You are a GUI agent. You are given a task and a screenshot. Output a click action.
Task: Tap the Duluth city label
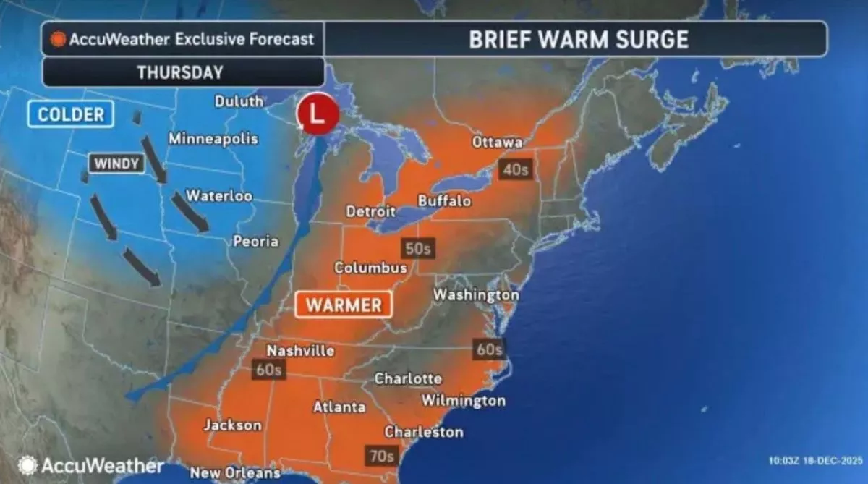point(239,101)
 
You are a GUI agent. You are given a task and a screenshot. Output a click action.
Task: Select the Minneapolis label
point(213,138)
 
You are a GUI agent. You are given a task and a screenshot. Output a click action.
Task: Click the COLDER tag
point(71,114)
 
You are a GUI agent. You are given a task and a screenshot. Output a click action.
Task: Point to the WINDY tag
point(115,164)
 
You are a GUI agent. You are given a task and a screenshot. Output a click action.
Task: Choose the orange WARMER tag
point(344,305)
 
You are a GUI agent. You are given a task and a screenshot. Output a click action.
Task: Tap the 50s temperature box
point(418,248)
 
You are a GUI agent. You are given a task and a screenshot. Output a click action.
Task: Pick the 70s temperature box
point(380,456)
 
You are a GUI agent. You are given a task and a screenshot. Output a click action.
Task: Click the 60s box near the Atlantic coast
point(489,349)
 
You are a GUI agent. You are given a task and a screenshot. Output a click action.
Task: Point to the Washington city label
point(476,295)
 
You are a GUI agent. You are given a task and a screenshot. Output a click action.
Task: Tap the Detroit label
point(370,212)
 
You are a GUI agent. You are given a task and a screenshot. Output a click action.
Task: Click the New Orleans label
point(234,473)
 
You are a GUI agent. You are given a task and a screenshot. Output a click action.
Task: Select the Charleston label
point(423,432)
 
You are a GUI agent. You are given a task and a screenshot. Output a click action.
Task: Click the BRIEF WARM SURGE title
point(579,39)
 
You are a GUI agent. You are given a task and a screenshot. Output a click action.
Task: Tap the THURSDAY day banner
point(180,72)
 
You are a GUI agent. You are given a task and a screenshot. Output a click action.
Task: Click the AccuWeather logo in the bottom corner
point(90,464)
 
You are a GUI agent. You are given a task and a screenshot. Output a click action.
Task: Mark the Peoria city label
point(255,241)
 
